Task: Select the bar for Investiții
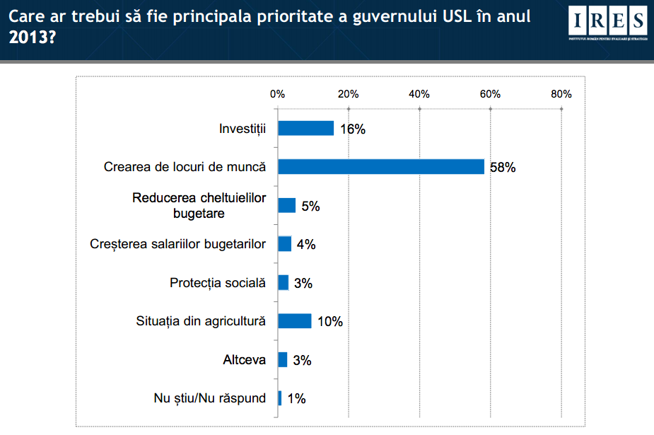(305, 128)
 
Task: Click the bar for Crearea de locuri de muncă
(380, 167)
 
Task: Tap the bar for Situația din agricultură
(295, 321)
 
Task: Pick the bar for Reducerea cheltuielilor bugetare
(286, 205)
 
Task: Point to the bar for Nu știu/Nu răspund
(280, 398)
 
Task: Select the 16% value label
(352, 129)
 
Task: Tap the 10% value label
(329, 322)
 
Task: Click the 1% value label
(296, 399)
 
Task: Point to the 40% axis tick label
(419, 94)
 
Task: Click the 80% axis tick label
(561, 94)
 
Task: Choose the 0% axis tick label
(277, 94)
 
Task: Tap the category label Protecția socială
(218, 283)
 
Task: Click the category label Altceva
(244, 360)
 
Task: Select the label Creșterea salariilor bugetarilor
(178, 244)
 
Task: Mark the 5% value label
(311, 206)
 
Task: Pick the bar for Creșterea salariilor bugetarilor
(284, 244)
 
